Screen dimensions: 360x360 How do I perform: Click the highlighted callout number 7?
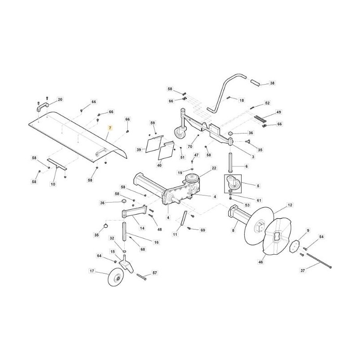[x=108, y=128]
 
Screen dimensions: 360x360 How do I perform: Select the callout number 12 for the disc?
[x=290, y=205]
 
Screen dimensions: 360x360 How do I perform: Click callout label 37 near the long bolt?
[x=302, y=270]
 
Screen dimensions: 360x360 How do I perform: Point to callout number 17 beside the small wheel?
[x=92, y=271]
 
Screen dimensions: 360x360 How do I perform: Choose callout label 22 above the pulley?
[x=214, y=168]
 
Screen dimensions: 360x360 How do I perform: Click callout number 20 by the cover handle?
[x=60, y=99]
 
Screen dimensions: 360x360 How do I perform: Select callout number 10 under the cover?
[x=53, y=184]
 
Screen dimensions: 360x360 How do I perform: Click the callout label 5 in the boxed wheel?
[x=258, y=185]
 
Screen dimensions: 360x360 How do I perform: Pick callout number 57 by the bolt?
[x=154, y=273]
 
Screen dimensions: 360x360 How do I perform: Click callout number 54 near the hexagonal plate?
[x=321, y=237]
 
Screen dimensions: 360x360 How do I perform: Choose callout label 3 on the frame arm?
[x=253, y=157]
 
